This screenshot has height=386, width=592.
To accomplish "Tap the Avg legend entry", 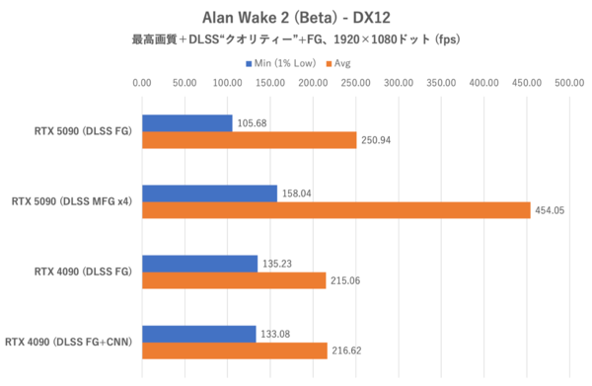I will pos(342,62).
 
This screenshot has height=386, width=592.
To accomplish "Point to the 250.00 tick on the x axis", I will pos(356,83).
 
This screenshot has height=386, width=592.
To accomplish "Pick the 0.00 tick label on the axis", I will pos(142,83).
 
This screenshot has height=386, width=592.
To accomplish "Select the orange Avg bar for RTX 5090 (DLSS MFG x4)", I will pos(335,209).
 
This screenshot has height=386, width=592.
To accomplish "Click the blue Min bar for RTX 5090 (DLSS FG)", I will pos(187,122).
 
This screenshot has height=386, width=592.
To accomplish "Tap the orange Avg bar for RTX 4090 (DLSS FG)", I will pos(234,280).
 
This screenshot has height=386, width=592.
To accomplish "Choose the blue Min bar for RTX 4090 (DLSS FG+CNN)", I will pos(199,333).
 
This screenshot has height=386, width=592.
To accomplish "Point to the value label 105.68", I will pos(254,122).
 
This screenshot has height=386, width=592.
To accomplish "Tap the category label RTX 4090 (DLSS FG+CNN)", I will pos(69,343).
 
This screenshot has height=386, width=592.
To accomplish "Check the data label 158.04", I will pos(299,193).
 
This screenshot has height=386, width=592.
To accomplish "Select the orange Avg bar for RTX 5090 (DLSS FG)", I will pos(249,140).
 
